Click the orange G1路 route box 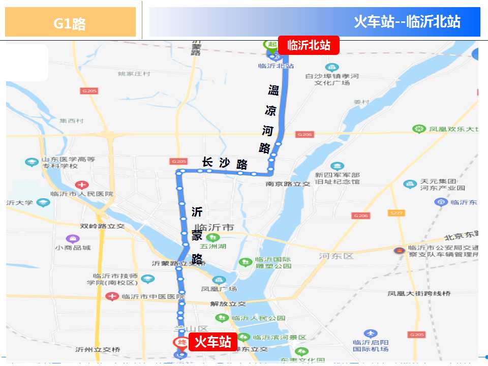[70, 23]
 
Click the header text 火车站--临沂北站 [407, 22]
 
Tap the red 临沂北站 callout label [309, 45]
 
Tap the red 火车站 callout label [213, 342]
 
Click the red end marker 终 [179, 342]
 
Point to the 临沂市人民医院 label [82, 194]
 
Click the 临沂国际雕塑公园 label [273, 262]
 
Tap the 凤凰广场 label [219, 288]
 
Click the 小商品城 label [74, 247]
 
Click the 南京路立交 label [288, 184]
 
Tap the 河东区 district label [336, 256]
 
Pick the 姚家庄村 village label [134, 74]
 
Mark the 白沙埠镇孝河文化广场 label [332, 79]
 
